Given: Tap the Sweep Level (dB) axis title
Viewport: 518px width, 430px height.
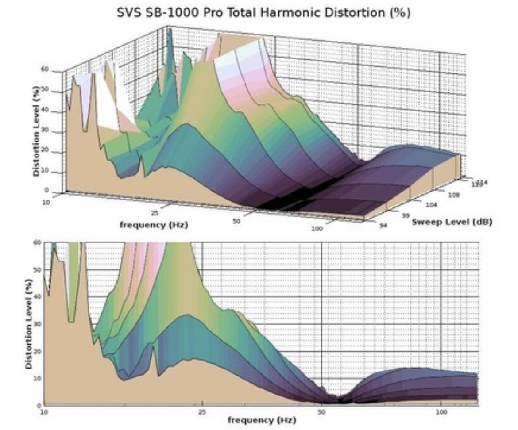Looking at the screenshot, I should (452, 221).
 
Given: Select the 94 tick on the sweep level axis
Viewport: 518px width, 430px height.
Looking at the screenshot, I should (383, 225).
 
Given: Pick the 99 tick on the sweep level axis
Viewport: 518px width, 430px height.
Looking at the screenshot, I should (405, 215).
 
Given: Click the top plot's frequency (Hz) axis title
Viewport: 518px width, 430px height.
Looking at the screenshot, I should (154, 225).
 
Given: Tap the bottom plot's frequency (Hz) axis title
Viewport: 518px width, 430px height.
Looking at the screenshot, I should (262, 419).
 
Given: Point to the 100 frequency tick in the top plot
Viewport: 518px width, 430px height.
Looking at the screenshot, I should (317, 228).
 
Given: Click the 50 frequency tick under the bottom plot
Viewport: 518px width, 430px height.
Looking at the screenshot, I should (321, 412).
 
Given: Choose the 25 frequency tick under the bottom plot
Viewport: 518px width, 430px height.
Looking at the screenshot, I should (202, 412).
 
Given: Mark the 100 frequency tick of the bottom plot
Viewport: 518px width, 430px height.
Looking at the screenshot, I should (441, 412).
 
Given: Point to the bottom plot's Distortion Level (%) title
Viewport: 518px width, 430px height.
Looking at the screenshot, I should (29, 324).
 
